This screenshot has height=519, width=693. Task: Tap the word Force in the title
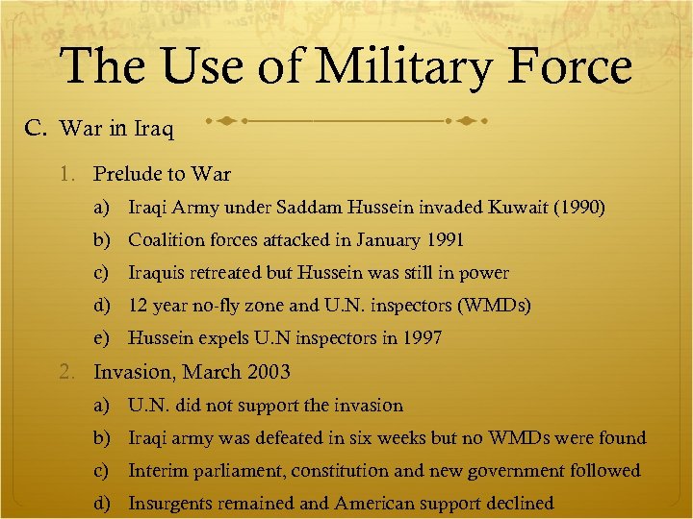coord(569,68)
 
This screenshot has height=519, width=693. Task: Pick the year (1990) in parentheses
coord(583,208)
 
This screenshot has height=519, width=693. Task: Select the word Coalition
coord(167,240)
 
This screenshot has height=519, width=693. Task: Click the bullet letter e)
coord(100,338)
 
